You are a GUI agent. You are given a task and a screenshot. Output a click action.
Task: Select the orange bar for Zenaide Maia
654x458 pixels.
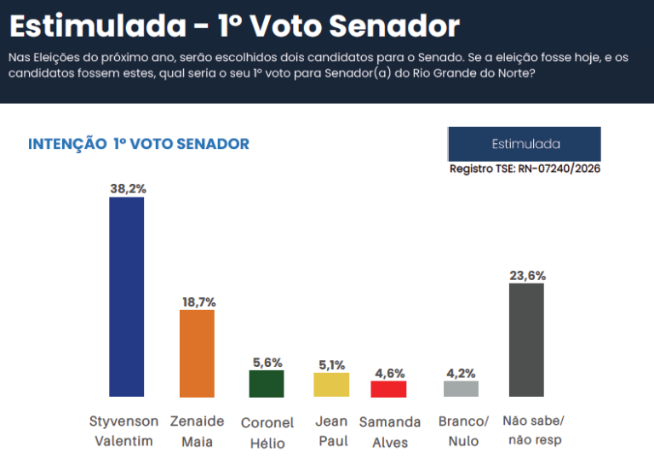click(x=197, y=352)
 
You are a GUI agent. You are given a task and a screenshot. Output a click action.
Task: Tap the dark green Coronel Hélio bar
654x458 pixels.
click(x=267, y=383)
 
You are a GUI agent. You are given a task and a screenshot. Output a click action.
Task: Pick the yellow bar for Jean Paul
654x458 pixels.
click(x=331, y=385)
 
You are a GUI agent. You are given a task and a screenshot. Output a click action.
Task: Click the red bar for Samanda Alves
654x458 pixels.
click(x=388, y=388)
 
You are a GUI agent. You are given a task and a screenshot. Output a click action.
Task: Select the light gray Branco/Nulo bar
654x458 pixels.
click(x=461, y=388)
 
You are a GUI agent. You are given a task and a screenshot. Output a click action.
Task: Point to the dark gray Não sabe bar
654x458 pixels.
click(x=526, y=340)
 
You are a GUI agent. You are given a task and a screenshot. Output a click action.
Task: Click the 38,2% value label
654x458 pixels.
click(x=128, y=188)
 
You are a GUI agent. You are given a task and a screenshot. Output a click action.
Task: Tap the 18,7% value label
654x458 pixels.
click(x=198, y=301)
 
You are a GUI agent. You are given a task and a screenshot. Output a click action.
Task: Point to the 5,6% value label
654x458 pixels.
click(x=267, y=362)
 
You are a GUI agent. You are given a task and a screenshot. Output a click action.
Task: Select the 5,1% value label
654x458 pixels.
click(x=332, y=364)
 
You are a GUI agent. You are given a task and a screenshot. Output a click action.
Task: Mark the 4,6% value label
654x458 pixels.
click(x=390, y=373)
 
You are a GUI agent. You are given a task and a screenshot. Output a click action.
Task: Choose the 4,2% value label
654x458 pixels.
click(x=461, y=373)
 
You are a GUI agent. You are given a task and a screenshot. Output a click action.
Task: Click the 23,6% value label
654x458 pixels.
click(x=527, y=275)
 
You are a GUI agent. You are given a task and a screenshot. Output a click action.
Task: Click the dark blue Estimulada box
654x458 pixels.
click(x=525, y=144)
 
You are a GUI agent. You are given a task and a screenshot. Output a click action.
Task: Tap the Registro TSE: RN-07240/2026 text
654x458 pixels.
click(x=525, y=169)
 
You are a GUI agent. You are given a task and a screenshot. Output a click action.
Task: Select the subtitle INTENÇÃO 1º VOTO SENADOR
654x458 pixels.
click(x=139, y=144)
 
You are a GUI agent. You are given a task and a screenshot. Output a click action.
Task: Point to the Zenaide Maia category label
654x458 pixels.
click(x=198, y=432)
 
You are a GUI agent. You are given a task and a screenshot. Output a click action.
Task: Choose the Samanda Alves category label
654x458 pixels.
click(x=390, y=432)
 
